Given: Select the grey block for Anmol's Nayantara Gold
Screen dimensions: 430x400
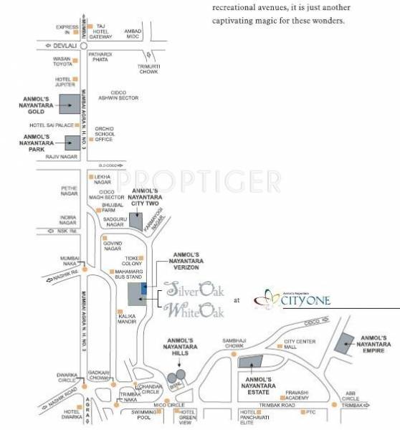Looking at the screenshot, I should point(69,105).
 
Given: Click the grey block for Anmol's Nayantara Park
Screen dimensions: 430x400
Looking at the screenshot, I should point(73,143).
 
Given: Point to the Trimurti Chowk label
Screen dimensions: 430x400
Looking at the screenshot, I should point(153,69).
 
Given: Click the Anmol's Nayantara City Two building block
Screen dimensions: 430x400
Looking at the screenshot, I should point(136,220).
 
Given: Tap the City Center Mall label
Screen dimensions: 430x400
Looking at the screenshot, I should point(300,343).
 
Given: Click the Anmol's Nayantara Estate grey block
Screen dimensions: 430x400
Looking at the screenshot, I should point(251,365).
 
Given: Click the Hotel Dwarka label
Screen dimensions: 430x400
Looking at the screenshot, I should point(71,414).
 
